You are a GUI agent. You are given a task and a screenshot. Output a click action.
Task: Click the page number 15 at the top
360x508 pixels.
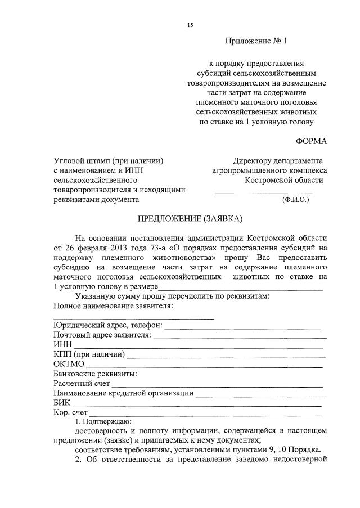pos(190,25)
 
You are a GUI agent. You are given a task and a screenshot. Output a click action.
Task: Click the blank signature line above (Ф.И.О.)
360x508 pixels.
pos(264,193)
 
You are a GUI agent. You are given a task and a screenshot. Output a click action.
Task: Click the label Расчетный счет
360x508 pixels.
pos(82,384)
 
